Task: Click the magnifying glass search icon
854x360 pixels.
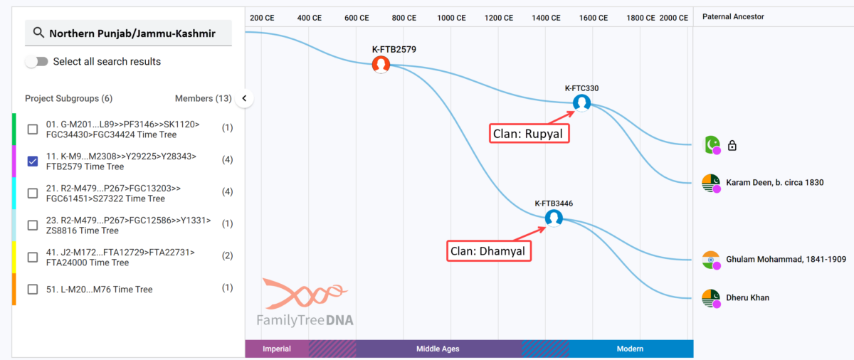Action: pos(38,33)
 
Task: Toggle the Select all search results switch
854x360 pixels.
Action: pos(36,61)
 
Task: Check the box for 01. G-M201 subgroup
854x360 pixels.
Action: pos(33,129)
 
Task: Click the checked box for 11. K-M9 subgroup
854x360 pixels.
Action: pos(33,161)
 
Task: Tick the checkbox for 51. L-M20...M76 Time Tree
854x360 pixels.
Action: pos(33,289)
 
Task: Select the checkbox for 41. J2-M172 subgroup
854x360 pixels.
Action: pos(33,257)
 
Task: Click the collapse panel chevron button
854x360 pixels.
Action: pos(244,98)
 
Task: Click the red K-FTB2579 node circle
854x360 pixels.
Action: pos(381,64)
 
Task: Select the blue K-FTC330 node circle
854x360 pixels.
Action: pos(582,103)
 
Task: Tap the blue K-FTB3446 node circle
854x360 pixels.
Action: pos(554,218)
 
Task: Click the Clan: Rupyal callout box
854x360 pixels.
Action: pos(529,133)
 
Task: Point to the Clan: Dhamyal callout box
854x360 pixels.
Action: pos(489,251)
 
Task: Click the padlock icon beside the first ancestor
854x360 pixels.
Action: pos(732,146)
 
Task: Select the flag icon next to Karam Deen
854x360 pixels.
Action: pos(711,183)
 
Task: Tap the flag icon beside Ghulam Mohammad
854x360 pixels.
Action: pos(711,260)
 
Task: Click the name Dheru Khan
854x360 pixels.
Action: pos(748,297)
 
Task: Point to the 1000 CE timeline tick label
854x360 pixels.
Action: pos(451,18)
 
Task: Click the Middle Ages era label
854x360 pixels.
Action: pos(438,349)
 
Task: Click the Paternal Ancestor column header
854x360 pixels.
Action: pos(733,16)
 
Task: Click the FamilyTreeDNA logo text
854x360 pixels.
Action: pos(305,320)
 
